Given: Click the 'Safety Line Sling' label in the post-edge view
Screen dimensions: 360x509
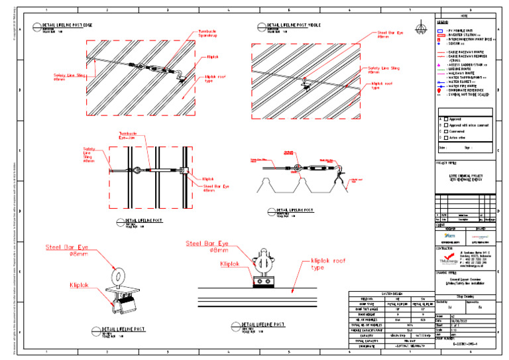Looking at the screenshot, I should pos(69,78).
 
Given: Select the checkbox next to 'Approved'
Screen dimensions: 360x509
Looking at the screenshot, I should pos(445,119).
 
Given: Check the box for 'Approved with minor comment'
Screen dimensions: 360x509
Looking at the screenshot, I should pos(445,125).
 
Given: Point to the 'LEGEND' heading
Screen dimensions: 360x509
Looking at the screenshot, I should pos(442,22).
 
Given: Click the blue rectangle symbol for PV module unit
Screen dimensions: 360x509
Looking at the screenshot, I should pos(441,30).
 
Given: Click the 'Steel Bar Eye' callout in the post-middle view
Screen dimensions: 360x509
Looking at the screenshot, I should pos(390,34).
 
